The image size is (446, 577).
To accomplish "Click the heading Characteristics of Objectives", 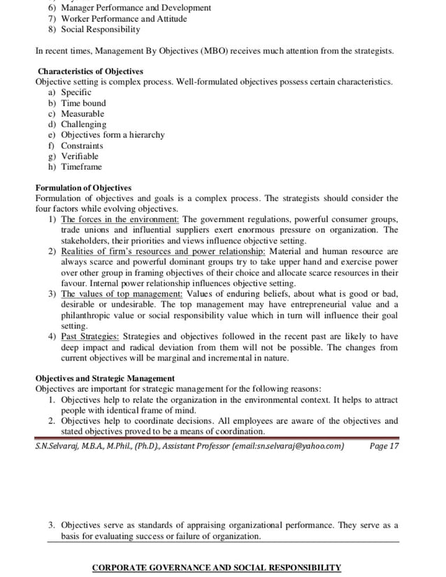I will pyautogui.click(x=90, y=71).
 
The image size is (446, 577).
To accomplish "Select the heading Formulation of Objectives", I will pyautogui.click(x=83, y=188).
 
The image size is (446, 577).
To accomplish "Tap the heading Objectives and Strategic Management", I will pyautogui.click(x=105, y=379).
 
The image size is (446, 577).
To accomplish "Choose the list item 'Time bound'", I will pyautogui.click(x=83, y=103).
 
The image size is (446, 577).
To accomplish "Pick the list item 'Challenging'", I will pyautogui.click(x=83, y=124).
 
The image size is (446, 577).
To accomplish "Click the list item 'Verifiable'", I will pyautogui.click(x=80, y=156).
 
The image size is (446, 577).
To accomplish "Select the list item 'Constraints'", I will pyautogui.click(x=82, y=146).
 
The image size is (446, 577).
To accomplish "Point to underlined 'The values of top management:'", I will pyautogui.click(x=122, y=293).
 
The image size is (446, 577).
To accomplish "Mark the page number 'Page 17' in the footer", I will pyautogui.click(x=384, y=446).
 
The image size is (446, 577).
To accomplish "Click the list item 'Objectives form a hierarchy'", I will pyautogui.click(x=113, y=135).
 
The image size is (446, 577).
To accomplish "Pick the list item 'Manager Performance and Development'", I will pyautogui.click(x=136, y=8).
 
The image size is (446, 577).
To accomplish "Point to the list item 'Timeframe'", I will pyautogui.click(x=81, y=167).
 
